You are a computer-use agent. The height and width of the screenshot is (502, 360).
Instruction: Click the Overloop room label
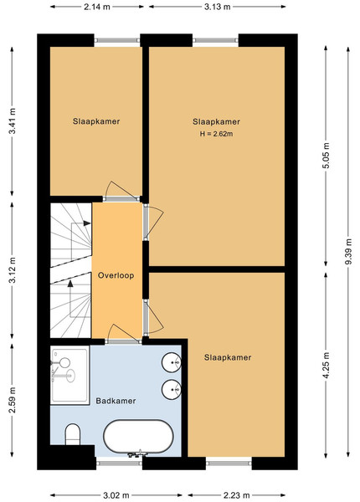(116, 275)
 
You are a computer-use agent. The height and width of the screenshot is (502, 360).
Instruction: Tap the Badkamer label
(116, 401)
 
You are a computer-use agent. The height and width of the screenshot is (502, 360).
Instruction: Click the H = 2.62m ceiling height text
(217, 134)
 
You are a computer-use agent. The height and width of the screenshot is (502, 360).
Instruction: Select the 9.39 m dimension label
(348, 251)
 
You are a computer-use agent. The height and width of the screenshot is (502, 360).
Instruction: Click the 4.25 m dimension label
(326, 366)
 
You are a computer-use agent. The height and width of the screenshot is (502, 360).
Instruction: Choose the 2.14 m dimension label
(97, 7)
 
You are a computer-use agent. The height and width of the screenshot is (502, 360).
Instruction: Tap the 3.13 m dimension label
(218, 7)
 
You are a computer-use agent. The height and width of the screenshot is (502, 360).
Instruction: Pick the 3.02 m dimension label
(116, 495)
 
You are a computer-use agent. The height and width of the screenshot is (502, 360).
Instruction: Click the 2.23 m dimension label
(237, 495)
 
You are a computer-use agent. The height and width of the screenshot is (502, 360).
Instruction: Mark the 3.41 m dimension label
(13, 121)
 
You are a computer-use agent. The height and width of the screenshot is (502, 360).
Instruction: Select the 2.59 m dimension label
(13, 400)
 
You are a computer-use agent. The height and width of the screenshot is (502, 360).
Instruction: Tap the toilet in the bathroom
(72, 434)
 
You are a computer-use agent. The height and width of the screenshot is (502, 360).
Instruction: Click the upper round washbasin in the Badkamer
(172, 362)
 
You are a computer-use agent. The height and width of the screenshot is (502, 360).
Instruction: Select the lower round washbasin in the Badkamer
(172, 390)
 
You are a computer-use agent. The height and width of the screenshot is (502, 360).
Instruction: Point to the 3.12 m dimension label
(13, 270)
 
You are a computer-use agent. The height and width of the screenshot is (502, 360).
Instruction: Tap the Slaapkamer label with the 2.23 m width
(228, 357)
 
